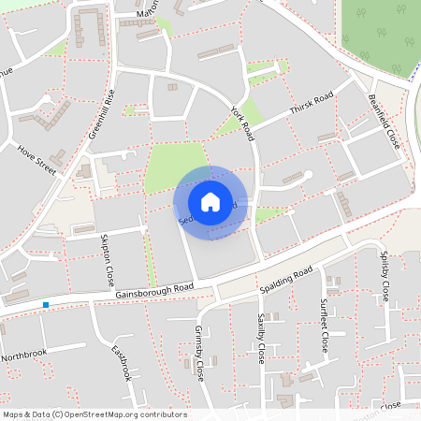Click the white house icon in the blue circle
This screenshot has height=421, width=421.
tap(210, 201)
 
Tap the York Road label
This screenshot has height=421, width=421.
tap(242, 123)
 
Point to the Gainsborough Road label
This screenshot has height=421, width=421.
tap(154, 290)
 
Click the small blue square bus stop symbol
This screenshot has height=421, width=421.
tap(45, 305)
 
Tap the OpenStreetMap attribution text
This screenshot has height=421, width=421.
tap(94, 414)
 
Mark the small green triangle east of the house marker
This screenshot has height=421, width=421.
tap(269, 214)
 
